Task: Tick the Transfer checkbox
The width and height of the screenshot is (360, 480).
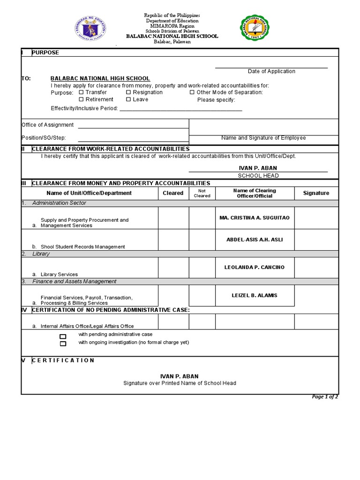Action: [x=81, y=92]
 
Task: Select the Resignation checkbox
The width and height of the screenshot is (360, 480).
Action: [x=128, y=92]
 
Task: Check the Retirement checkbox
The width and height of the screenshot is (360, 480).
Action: [x=81, y=99]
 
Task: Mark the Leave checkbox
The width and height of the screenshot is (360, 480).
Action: [x=128, y=99]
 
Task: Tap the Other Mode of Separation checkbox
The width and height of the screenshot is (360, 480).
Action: [x=192, y=92]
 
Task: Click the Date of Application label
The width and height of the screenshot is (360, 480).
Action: [x=271, y=71]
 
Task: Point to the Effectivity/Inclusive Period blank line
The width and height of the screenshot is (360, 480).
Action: [x=181, y=110]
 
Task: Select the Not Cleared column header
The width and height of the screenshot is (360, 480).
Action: [x=202, y=193]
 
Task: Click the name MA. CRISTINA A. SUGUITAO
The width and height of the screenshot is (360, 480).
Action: [x=255, y=218]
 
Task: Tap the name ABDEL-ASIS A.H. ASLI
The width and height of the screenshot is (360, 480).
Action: [x=255, y=240]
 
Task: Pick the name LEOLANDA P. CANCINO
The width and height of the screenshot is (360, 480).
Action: [x=255, y=267]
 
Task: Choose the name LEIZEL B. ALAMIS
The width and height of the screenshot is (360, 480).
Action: [x=255, y=295]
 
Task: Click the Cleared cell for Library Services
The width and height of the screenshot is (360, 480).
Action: [x=173, y=267]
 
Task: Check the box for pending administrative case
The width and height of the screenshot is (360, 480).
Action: [x=63, y=337]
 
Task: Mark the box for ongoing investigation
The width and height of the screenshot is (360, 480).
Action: [x=63, y=344]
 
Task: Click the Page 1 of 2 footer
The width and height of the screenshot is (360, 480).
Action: [x=325, y=397]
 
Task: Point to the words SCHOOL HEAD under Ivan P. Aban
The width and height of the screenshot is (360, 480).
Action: [x=258, y=176]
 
